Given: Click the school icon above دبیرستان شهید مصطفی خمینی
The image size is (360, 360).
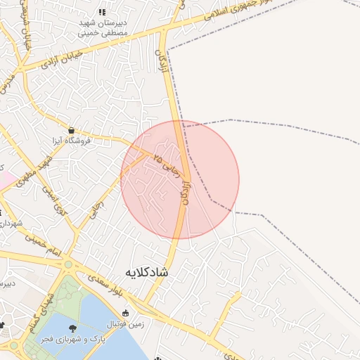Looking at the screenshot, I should [x=103, y=12].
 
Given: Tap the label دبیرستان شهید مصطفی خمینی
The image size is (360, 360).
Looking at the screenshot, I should [x=103, y=27].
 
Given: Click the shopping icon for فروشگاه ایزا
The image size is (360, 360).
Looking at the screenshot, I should [x=72, y=130].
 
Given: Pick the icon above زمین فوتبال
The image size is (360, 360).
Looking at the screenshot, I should [x=126, y=313].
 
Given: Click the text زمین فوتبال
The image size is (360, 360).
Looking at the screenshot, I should [x=124, y=325].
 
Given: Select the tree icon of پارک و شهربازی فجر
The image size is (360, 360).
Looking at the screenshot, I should [x=72, y=328].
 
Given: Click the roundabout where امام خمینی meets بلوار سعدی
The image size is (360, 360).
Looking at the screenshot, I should [x=68, y=265].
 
